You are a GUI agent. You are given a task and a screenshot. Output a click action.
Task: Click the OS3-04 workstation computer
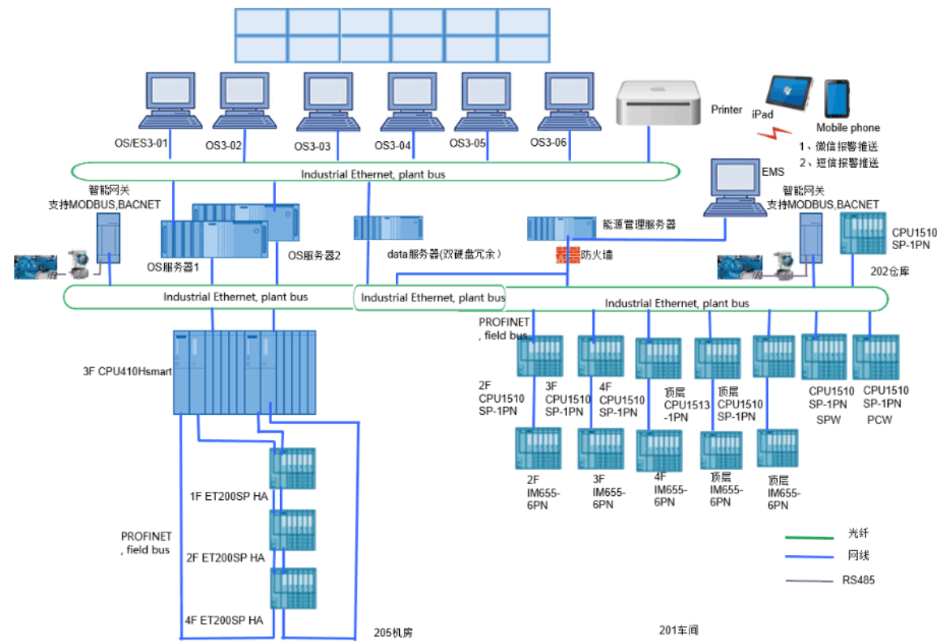[409, 102]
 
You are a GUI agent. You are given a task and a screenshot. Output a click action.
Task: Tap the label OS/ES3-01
[142, 143]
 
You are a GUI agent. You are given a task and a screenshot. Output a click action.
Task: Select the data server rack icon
[388, 228]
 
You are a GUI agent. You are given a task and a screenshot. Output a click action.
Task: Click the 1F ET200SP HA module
[292, 469]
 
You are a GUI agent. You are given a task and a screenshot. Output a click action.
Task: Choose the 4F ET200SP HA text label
[225, 621]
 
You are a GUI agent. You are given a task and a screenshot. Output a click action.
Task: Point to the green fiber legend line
[809, 537]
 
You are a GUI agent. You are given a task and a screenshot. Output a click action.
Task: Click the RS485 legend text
[858, 580]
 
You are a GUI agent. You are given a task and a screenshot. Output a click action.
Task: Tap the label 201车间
[678, 630]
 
